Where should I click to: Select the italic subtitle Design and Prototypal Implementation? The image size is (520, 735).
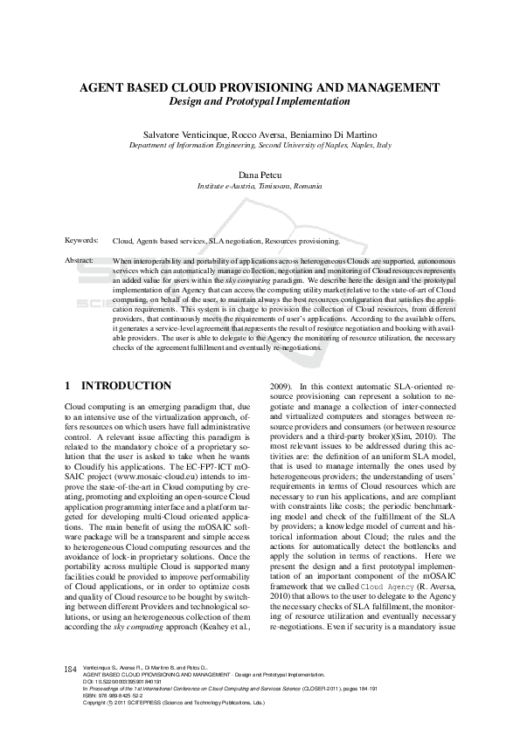click(260, 101)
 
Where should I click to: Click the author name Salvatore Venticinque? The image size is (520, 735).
click(189, 135)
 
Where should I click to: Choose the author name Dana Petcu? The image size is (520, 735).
click(260, 176)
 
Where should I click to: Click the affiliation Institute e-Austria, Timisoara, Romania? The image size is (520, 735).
click(260, 187)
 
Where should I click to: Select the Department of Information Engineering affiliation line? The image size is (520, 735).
click(260, 146)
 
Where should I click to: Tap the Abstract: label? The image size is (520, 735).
click(80, 261)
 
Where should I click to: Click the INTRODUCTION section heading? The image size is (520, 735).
click(126, 385)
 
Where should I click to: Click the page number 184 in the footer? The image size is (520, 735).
click(72, 669)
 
